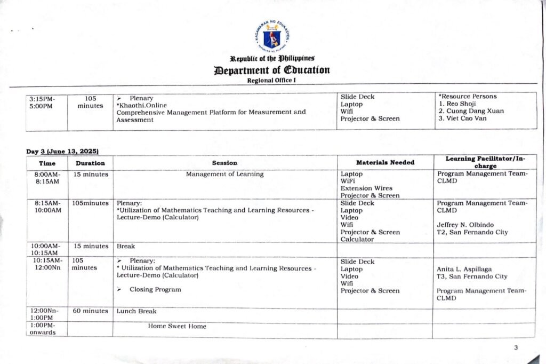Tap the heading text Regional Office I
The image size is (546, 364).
tap(272, 80)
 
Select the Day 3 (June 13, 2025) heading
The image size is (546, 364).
tap(62, 152)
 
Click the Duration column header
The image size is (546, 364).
tap(90, 163)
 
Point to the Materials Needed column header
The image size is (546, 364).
tap(385, 162)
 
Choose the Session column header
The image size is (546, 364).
tap(224, 163)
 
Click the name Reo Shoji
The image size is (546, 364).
tap(461, 104)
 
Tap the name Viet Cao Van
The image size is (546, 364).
tap(465, 118)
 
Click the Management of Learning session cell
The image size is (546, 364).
tap(224, 174)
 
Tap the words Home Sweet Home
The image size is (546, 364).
tap(177, 326)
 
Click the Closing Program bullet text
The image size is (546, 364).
tap(156, 289)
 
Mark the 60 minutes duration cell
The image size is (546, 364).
tap(90, 311)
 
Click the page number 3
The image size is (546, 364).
tap(516, 348)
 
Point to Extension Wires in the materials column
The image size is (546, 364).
tap(366, 188)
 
